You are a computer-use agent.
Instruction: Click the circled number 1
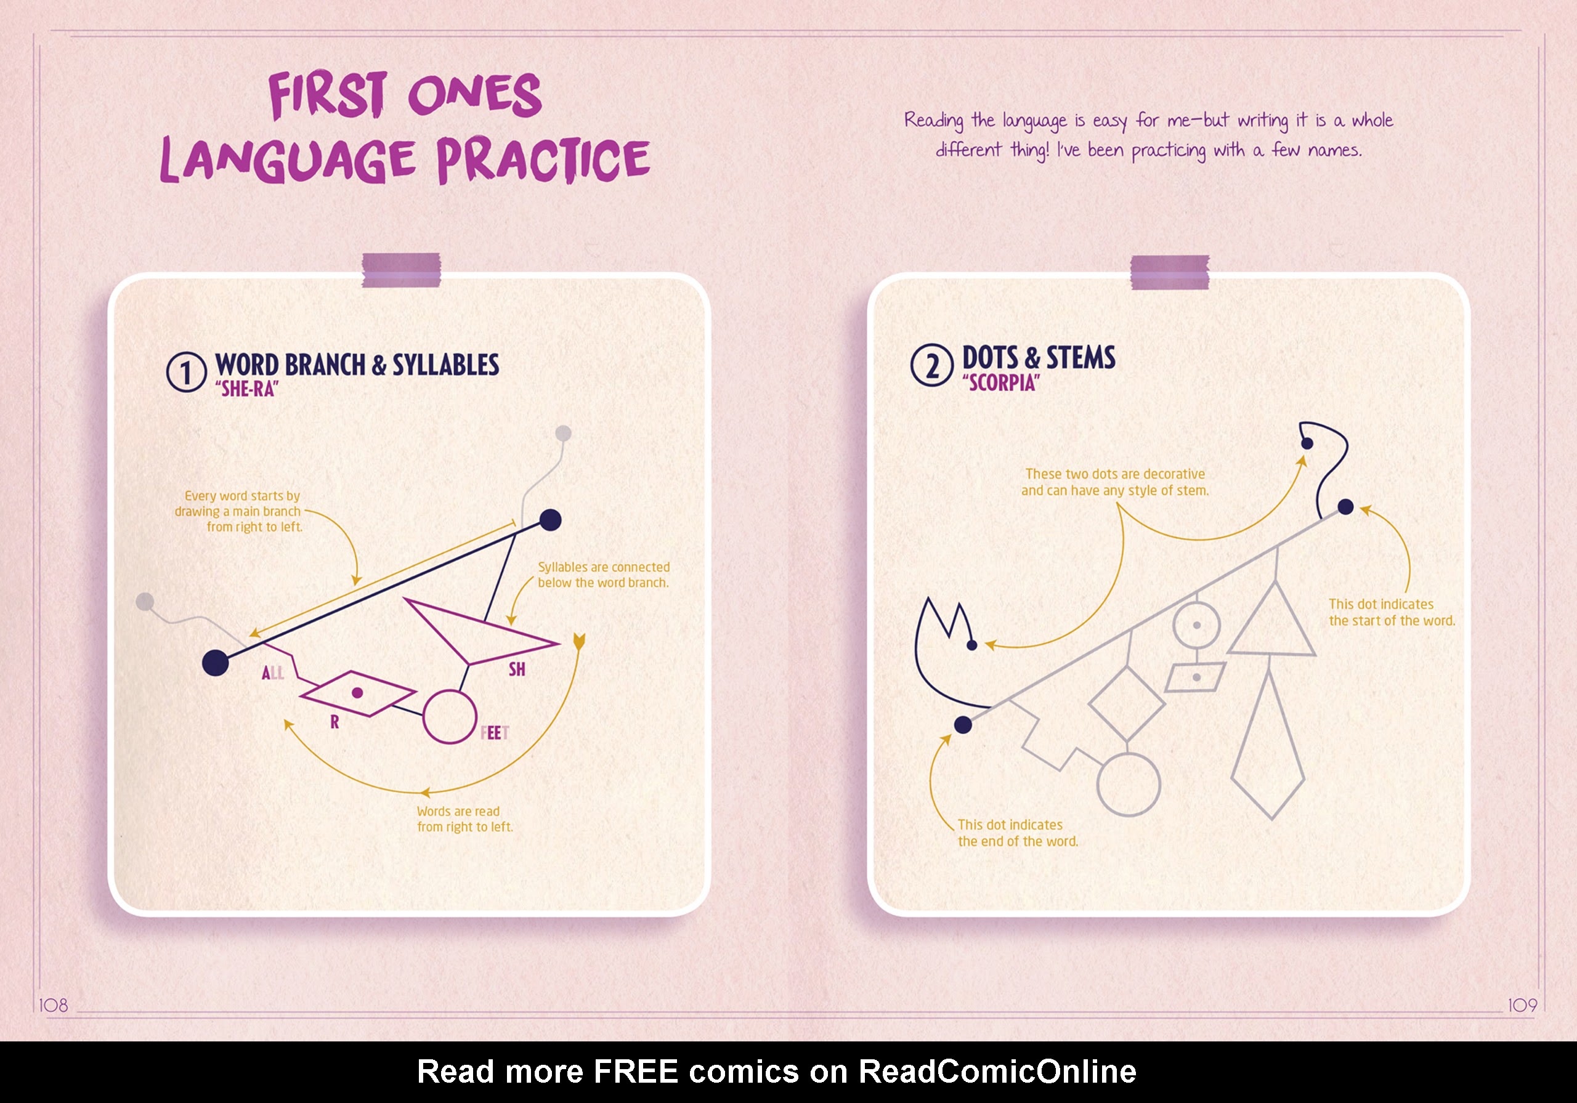(x=186, y=372)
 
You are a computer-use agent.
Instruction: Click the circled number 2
(x=932, y=365)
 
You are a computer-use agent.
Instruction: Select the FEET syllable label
(x=495, y=733)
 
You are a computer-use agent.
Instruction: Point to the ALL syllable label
(x=273, y=673)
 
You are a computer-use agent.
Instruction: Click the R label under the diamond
(x=334, y=722)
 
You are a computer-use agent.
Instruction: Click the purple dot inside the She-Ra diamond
(x=357, y=693)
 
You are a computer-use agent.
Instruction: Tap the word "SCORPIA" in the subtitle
(x=1001, y=383)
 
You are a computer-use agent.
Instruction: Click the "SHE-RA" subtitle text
(x=246, y=389)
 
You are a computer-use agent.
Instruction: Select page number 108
(x=54, y=1006)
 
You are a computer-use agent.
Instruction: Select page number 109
(x=1522, y=1006)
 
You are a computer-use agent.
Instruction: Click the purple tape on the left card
(x=401, y=270)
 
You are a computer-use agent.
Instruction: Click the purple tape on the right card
(x=1170, y=272)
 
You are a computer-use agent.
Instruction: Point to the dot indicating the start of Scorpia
(x=1345, y=507)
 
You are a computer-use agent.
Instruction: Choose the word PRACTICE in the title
(x=543, y=160)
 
